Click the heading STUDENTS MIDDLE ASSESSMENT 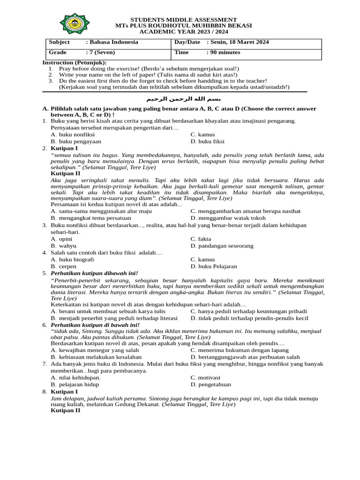[183, 19]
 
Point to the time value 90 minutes [225, 52]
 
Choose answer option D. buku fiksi [207, 141]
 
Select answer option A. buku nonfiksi [73, 135]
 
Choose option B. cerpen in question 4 [64, 266]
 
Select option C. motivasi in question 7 [205, 377]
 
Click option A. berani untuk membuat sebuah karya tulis [108, 311]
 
